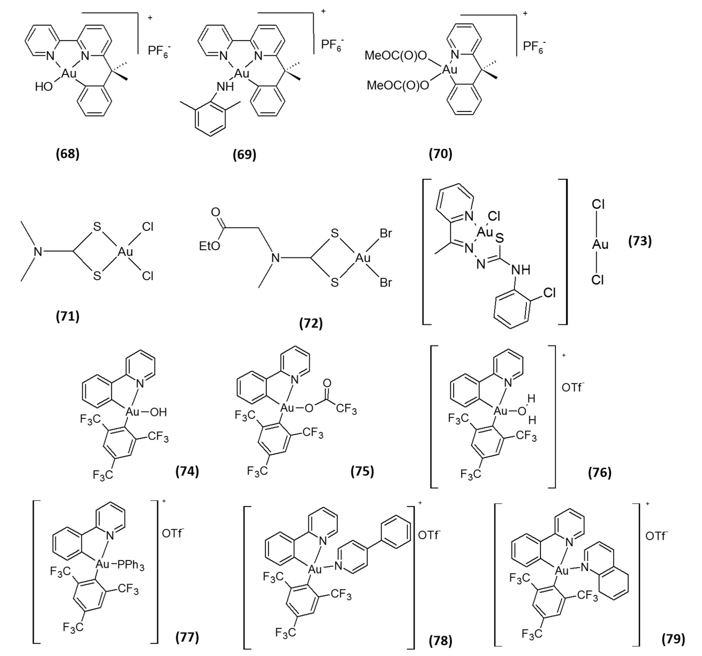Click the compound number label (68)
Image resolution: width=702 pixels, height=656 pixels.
click(68, 154)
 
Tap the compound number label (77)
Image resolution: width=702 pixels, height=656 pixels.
click(187, 637)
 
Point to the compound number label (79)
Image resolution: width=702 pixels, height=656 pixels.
click(673, 639)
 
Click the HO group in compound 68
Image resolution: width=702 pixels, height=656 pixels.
click(44, 87)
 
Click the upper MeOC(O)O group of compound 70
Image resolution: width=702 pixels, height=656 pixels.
click(395, 56)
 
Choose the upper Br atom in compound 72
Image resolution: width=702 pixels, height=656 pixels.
click(386, 234)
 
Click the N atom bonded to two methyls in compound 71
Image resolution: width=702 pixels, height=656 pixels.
click(38, 252)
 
